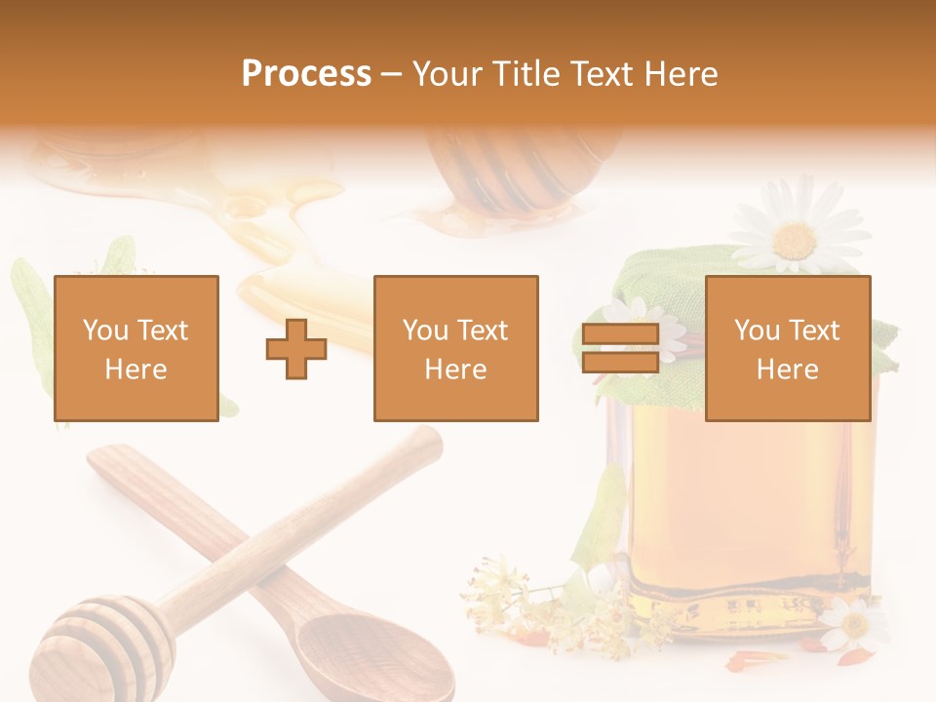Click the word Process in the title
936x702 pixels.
(306, 73)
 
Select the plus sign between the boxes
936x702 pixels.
(296, 348)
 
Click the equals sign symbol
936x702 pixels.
(620, 348)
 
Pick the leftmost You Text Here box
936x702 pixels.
(136, 348)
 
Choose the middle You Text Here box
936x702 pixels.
(455, 348)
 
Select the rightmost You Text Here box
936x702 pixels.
(787, 348)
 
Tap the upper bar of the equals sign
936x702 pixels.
(620, 334)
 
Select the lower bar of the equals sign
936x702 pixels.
(620, 362)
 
